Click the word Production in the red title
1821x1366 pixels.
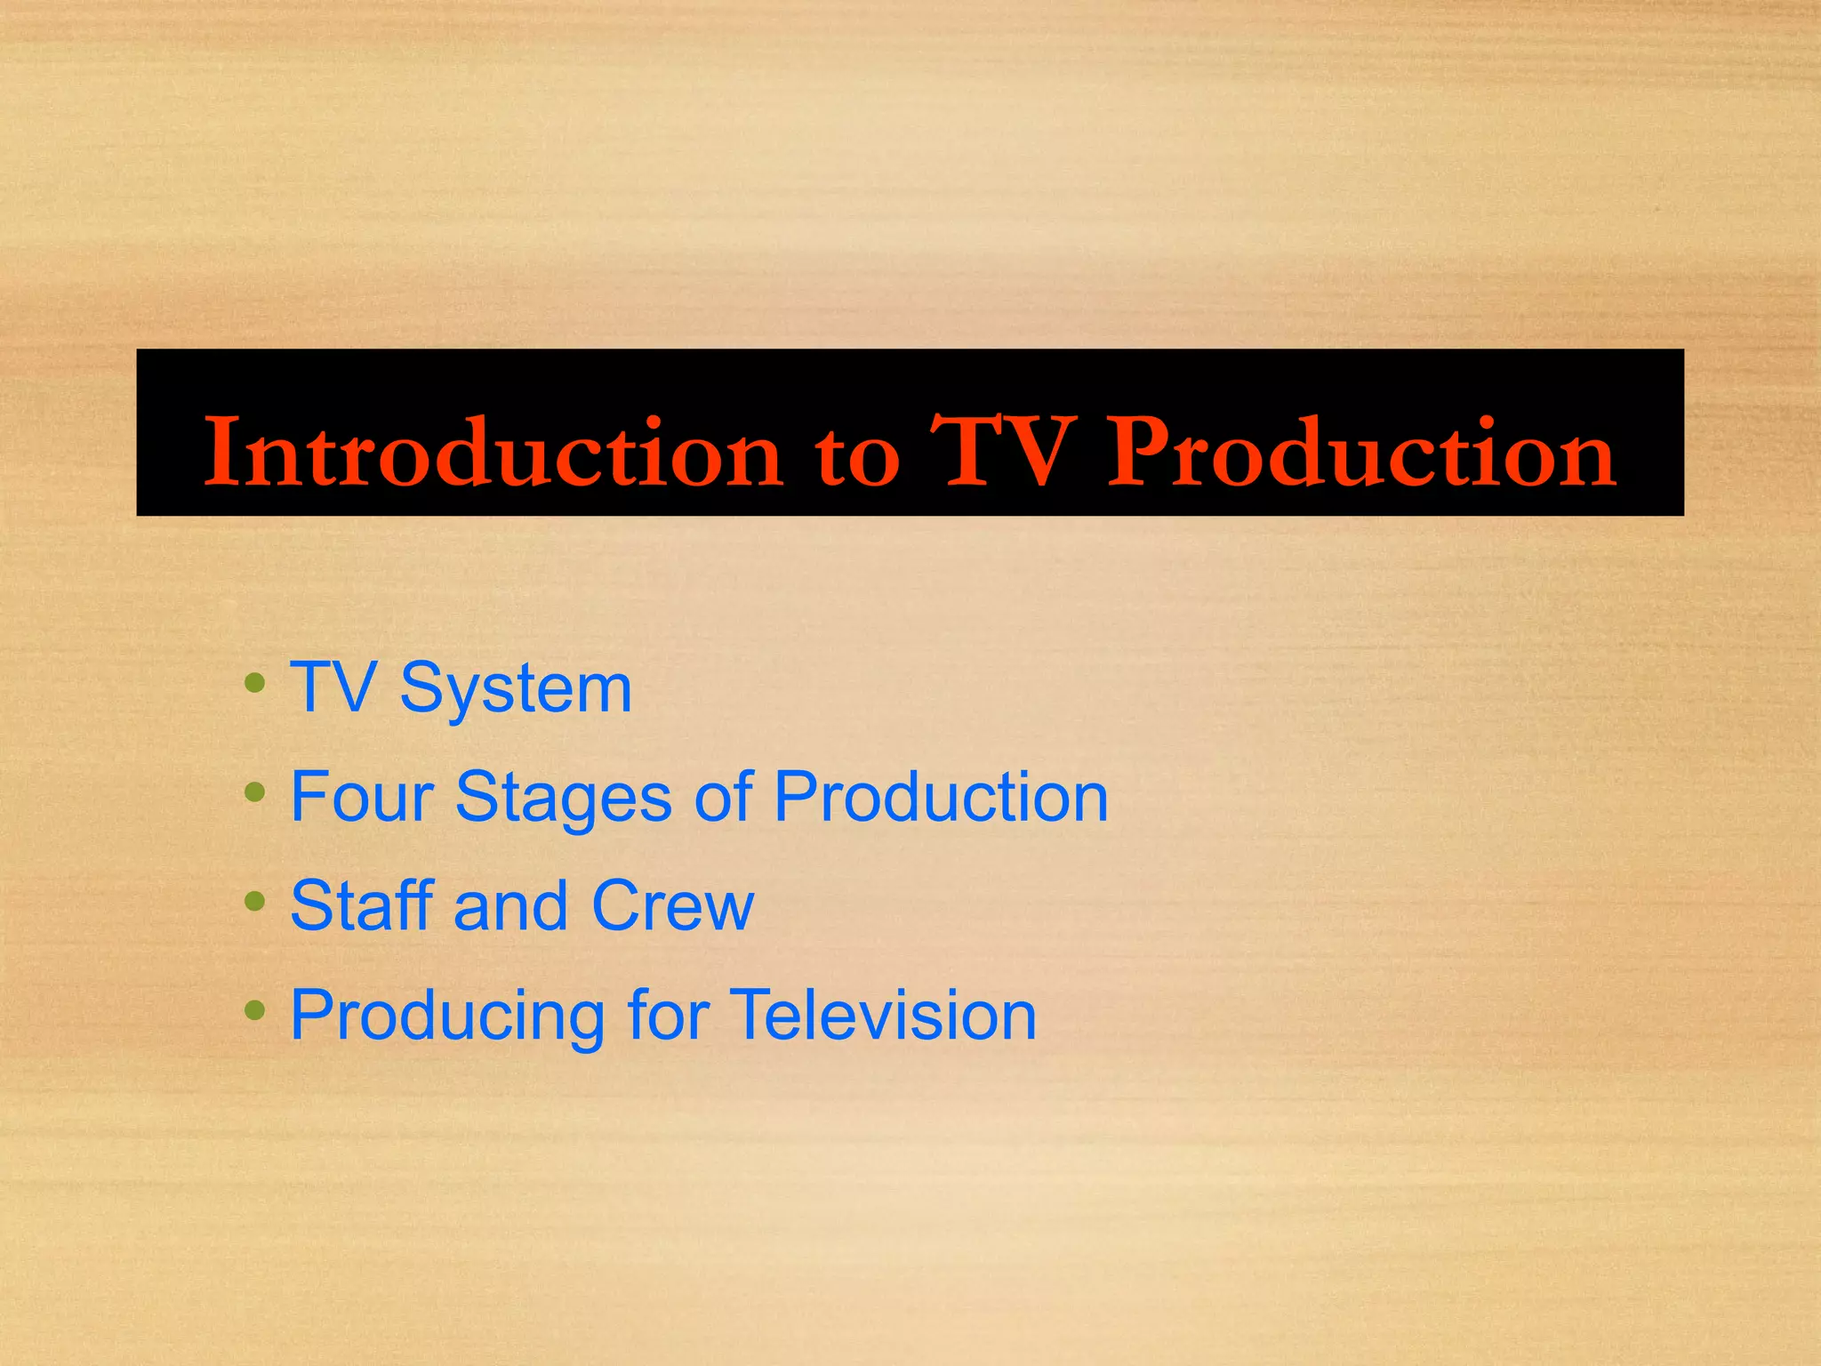point(1361,453)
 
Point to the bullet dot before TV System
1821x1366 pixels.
point(255,683)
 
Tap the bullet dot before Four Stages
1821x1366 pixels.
point(255,791)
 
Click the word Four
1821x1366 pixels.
point(361,797)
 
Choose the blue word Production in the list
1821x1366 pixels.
point(941,797)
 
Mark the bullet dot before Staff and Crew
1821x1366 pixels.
point(255,901)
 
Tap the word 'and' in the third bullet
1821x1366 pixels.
point(510,905)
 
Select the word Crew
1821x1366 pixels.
point(673,905)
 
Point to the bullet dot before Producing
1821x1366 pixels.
point(255,1009)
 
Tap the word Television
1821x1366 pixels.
point(884,1015)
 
